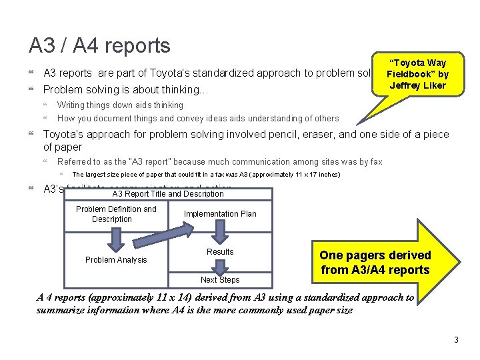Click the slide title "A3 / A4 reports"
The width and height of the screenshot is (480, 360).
coord(100,45)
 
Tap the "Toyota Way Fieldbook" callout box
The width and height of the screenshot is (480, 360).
coord(417,74)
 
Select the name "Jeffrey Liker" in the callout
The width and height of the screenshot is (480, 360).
coord(417,85)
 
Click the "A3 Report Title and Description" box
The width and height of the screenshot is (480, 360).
coord(168,194)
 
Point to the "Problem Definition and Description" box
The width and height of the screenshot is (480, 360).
coord(116,214)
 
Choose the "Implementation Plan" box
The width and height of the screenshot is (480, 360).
coord(220,214)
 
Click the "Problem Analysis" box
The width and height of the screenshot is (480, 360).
coord(116,259)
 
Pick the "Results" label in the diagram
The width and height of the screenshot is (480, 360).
coord(220,252)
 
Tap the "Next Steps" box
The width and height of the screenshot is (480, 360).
coord(220,280)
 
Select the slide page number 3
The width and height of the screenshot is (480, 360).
coord(456,340)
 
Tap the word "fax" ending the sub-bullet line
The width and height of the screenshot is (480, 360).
coord(376,161)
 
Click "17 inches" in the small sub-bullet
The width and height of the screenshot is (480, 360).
coord(321,175)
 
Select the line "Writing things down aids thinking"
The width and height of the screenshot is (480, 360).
coord(120,105)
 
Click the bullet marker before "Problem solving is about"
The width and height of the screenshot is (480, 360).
coord(32,89)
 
